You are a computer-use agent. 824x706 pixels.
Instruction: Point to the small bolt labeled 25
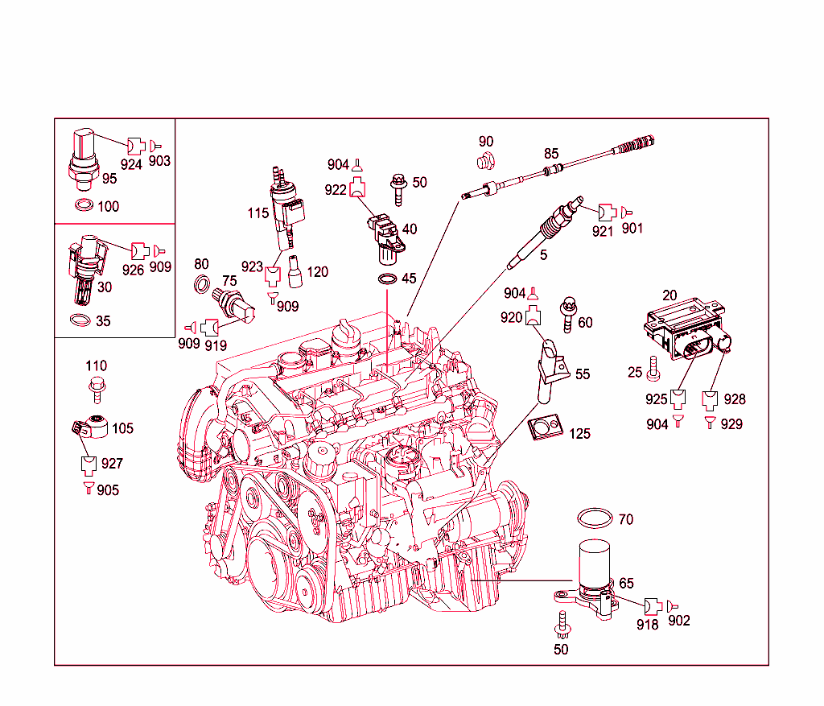pyautogui.click(x=653, y=369)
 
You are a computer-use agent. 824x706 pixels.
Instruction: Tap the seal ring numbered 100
pyautogui.click(x=83, y=206)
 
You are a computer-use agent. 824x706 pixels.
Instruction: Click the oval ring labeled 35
pyautogui.click(x=79, y=320)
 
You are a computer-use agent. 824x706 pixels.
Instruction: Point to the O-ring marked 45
pyautogui.click(x=387, y=279)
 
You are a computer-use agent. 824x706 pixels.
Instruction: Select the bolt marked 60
pyautogui.click(x=569, y=315)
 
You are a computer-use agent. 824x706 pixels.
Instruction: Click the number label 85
pyautogui.click(x=551, y=153)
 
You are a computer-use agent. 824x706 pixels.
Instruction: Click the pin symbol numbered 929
pyautogui.click(x=710, y=421)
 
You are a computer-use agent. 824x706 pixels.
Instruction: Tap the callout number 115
pyautogui.click(x=258, y=214)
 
